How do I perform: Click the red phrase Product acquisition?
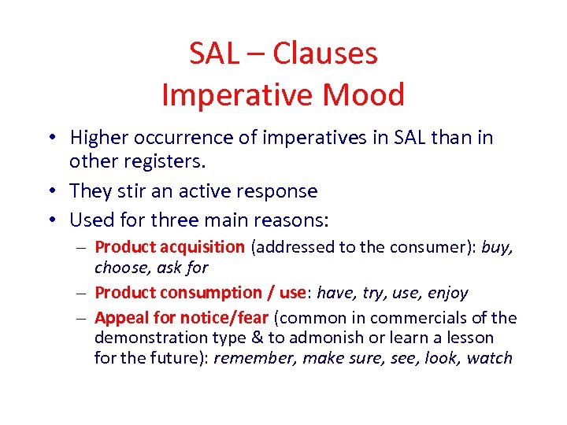[x=169, y=247]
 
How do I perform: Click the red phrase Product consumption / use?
[x=200, y=293]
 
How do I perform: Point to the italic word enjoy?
[x=447, y=293]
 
